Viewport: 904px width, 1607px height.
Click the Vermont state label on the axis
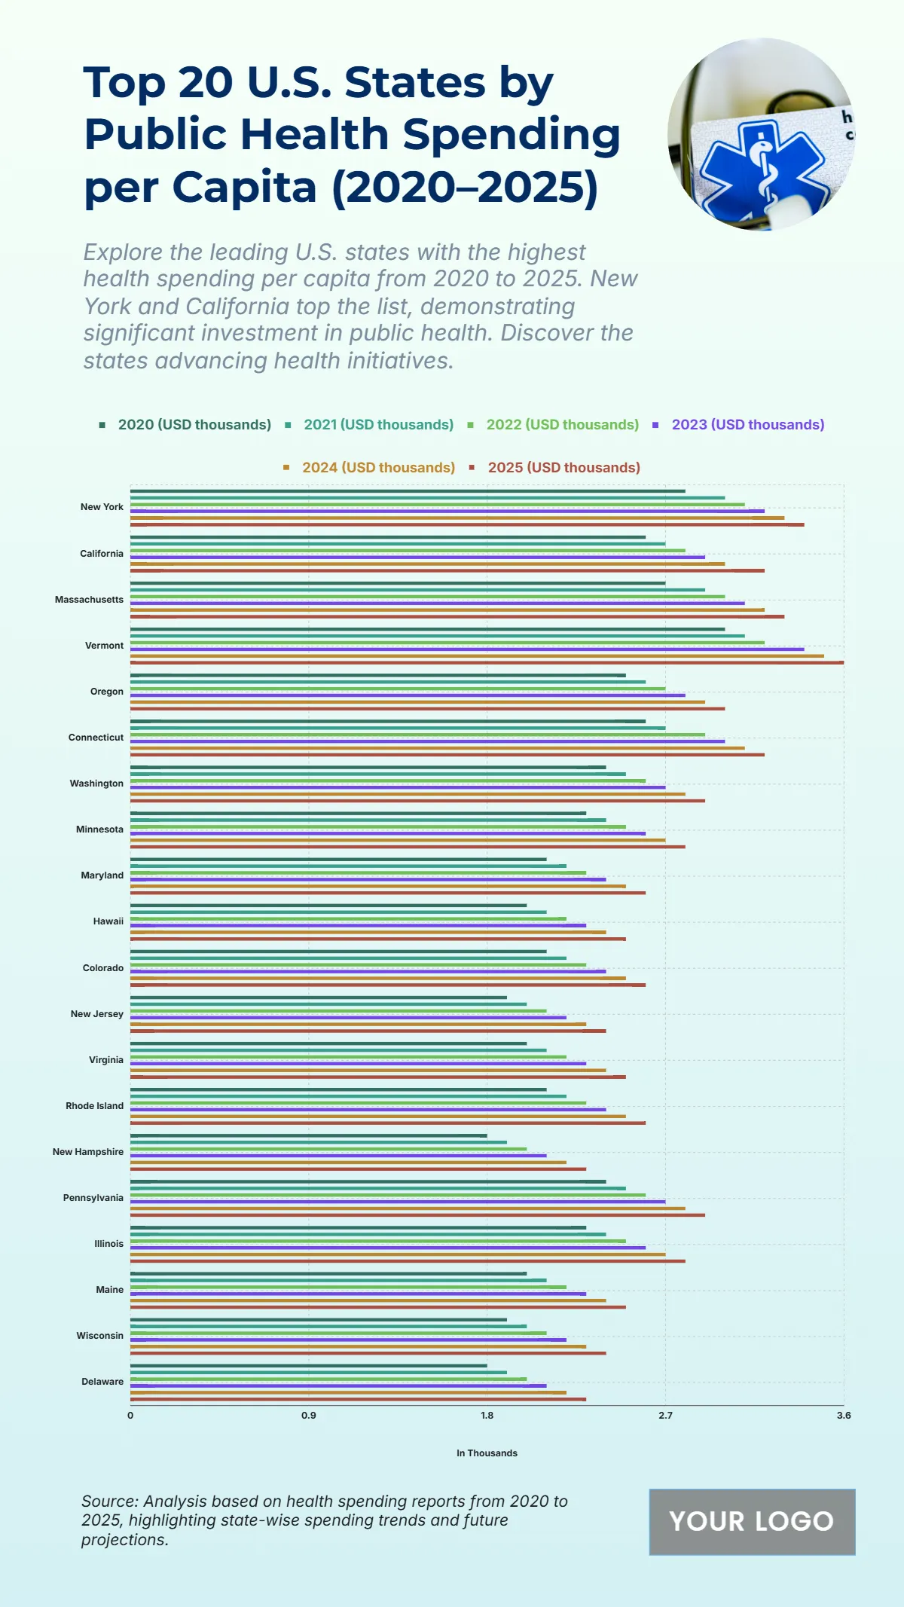click(104, 646)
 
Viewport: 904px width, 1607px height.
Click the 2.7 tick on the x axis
click(665, 1416)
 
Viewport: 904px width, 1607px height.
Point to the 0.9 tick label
click(309, 1416)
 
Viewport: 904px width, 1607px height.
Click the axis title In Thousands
click(487, 1453)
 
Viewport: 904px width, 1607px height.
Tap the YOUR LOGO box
click(752, 1522)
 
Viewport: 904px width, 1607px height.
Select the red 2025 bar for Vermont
click(487, 663)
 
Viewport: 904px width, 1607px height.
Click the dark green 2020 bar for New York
click(407, 491)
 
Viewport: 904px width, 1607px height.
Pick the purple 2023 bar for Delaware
click(337, 1386)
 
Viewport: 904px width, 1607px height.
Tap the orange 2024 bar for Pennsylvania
click(407, 1208)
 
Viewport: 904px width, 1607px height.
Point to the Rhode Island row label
click(94, 1106)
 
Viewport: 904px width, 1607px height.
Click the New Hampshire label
click(88, 1152)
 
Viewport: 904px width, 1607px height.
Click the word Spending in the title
click(512, 134)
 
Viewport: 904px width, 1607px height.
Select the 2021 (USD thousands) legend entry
click(377, 425)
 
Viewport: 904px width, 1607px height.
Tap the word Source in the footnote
click(108, 1502)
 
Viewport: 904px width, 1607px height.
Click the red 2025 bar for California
click(447, 570)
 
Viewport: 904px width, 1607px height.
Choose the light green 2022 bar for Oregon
click(397, 689)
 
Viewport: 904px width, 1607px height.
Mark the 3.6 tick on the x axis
click(843, 1416)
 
